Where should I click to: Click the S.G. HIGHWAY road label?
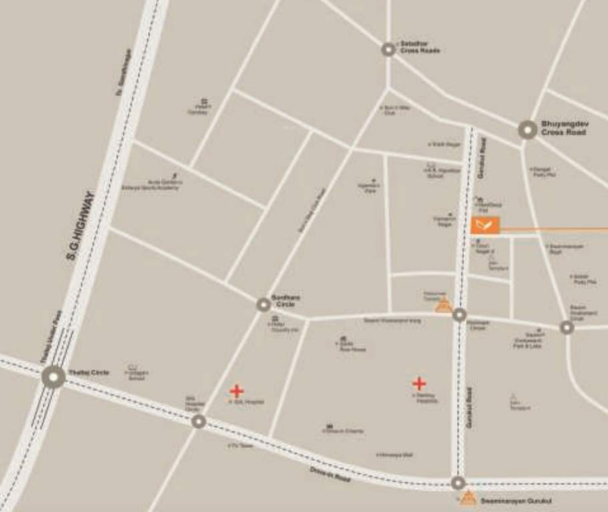(81, 225)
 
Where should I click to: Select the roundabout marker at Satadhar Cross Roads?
(388, 49)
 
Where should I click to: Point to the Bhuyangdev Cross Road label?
(564, 128)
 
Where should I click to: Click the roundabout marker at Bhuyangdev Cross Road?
(527, 129)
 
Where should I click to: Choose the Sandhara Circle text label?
(286, 301)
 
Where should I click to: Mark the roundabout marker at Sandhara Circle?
(264, 305)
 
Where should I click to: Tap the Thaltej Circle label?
(89, 372)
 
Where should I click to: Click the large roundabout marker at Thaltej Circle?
(53, 377)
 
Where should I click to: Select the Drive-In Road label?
(330, 475)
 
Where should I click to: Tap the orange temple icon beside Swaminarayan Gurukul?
(469, 497)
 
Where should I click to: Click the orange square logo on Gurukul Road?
(485, 225)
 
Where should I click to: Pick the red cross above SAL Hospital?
(236, 391)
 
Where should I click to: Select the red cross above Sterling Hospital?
(419, 383)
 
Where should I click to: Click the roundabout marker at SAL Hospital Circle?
(198, 421)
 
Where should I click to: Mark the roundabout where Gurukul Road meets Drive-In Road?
(458, 483)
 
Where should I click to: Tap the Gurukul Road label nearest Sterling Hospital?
(471, 407)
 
